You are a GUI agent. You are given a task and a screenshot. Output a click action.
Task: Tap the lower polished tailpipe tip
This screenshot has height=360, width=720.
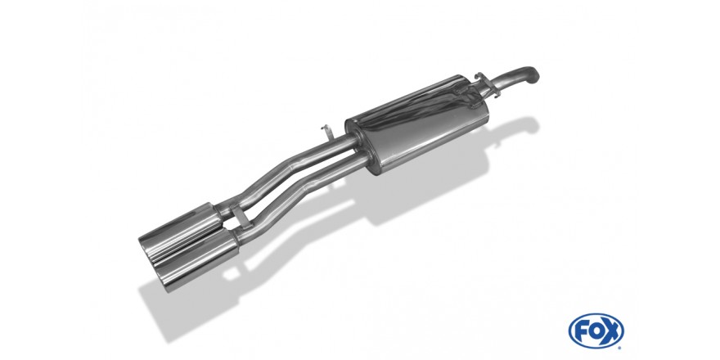pyautogui.click(x=197, y=259)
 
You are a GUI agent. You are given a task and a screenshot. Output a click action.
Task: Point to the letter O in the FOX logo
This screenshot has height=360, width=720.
pyautogui.click(x=595, y=331)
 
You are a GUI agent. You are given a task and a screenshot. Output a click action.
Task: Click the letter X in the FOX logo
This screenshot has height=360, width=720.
pyautogui.click(x=611, y=331)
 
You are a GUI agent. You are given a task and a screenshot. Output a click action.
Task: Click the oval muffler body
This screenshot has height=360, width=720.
pyautogui.click(x=416, y=125)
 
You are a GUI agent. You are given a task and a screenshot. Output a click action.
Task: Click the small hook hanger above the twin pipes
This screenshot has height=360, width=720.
pyautogui.click(x=326, y=133)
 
